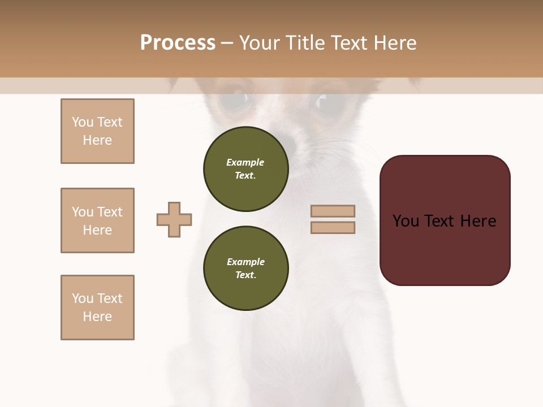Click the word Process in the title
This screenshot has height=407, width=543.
178,43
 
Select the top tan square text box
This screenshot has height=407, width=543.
97,131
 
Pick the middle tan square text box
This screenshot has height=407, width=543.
97,220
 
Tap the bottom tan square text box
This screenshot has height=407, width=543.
97,308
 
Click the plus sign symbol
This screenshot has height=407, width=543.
174,219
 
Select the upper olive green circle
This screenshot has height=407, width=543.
245,169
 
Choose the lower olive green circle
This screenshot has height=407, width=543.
245,268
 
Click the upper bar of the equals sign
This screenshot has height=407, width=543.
333,211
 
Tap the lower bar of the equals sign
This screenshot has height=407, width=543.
333,228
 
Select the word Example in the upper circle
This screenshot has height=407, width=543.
245,162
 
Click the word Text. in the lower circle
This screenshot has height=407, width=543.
245,275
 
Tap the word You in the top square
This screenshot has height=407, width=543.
83,122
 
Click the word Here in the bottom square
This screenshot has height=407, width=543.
97,317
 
